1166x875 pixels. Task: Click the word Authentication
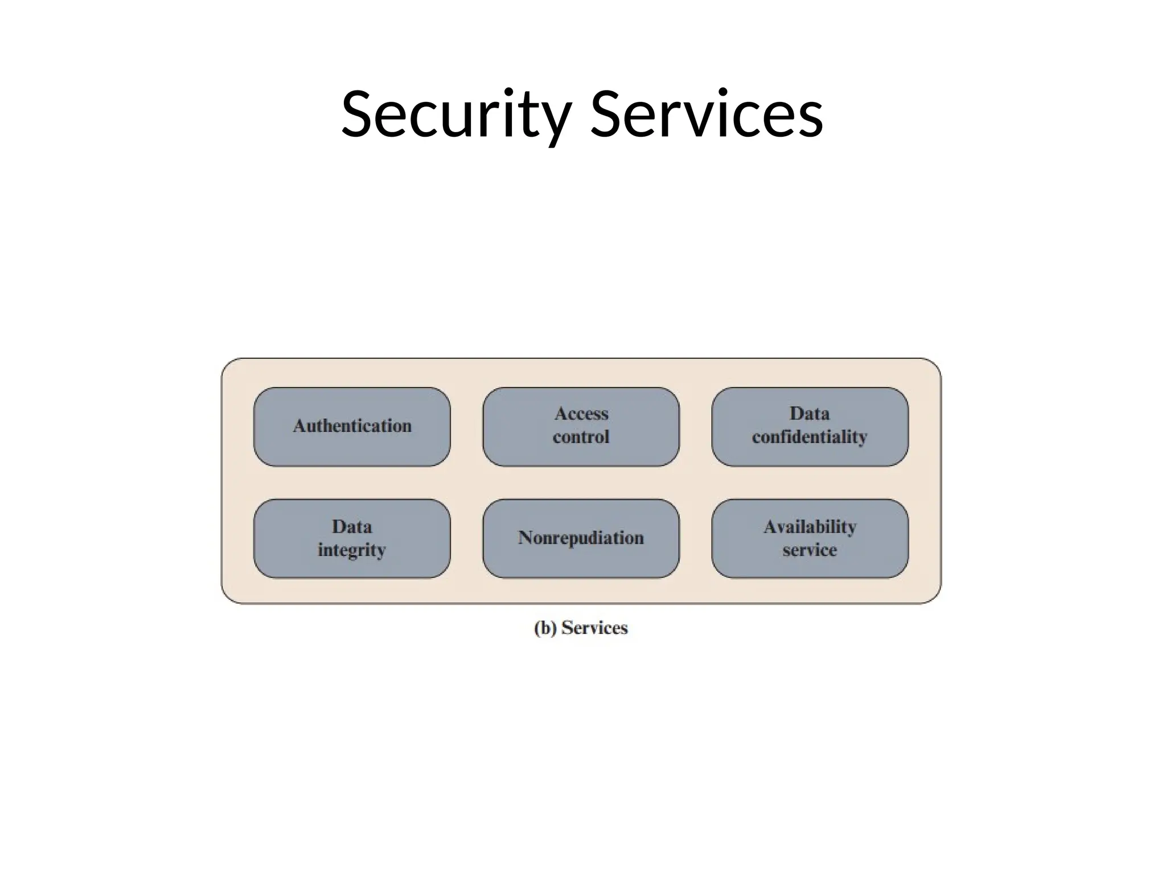tap(352, 426)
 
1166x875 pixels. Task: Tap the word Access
tap(581, 414)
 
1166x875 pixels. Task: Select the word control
tap(581, 437)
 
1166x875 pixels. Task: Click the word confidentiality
tap(810, 437)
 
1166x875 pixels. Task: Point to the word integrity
tap(352, 550)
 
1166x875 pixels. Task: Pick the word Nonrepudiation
tap(581, 537)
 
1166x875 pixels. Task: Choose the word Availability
tap(810, 527)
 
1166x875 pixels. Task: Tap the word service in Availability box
tap(810, 550)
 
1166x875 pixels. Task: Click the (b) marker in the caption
tap(545, 628)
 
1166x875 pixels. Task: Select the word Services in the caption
tap(594, 628)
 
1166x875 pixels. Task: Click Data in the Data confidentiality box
tap(810, 414)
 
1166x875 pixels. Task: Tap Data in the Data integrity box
tap(352, 526)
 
